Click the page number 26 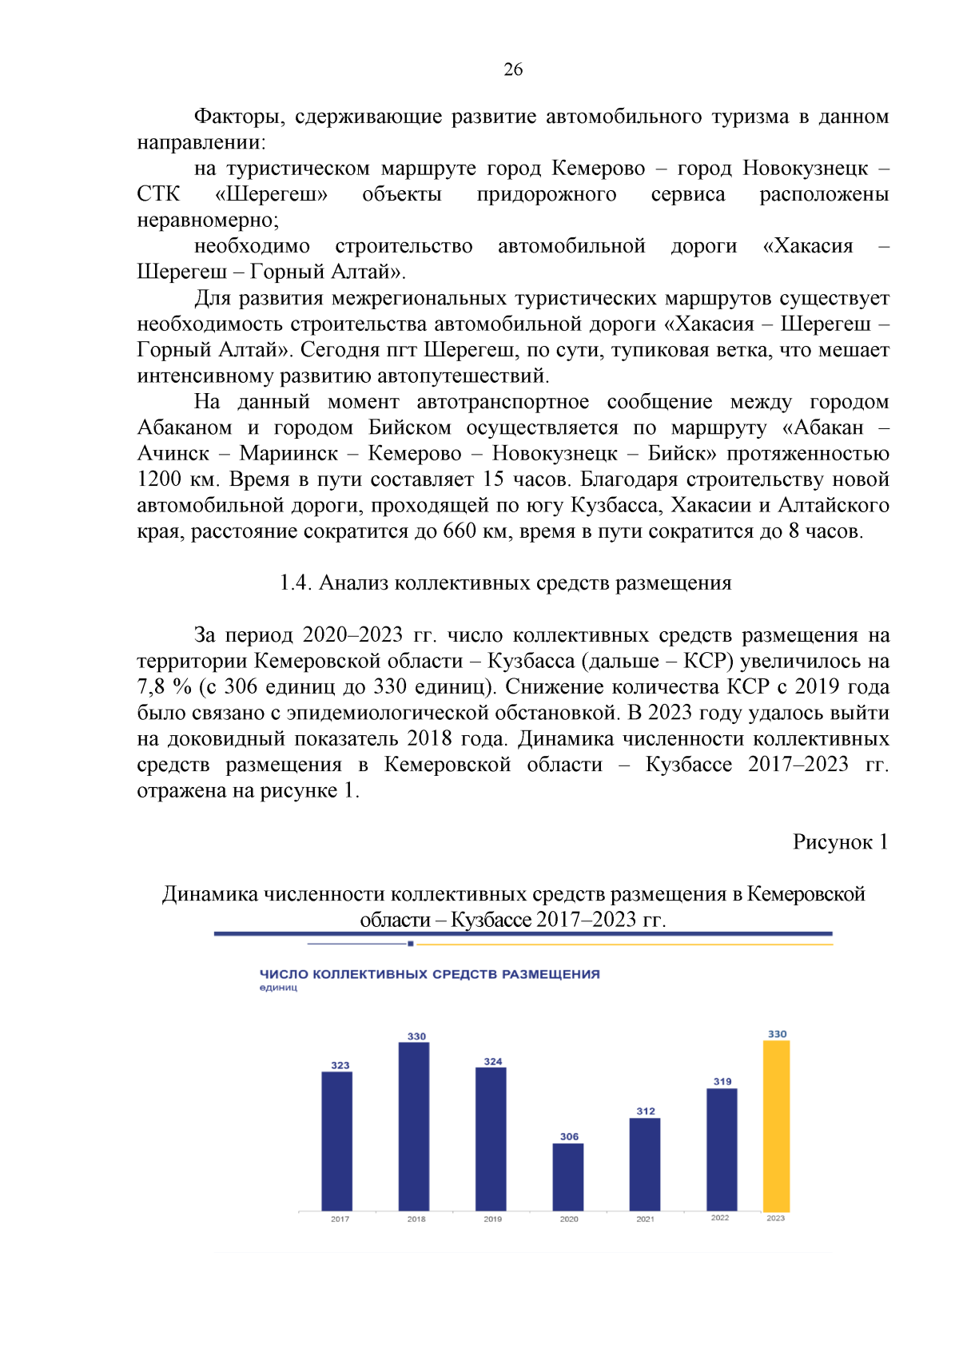[x=513, y=70]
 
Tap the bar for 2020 [x=568, y=1177]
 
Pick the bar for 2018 [x=414, y=1127]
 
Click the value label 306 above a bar [x=569, y=1136]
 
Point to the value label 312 [x=646, y=1111]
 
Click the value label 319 [x=722, y=1081]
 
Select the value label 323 [x=340, y=1065]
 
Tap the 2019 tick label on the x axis [x=493, y=1219]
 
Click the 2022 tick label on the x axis [x=720, y=1218]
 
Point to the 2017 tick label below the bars [x=340, y=1219]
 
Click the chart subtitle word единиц [x=278, y=988]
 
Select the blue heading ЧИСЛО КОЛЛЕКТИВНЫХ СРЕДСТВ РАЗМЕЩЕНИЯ [x=430, y=974]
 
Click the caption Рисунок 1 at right [x=840, y=841]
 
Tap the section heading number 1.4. [x=295, y=583]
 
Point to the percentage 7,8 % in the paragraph [x=164, y=686]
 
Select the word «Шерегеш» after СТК [x=272, y=194]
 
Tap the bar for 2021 [x=645, y=1164]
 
